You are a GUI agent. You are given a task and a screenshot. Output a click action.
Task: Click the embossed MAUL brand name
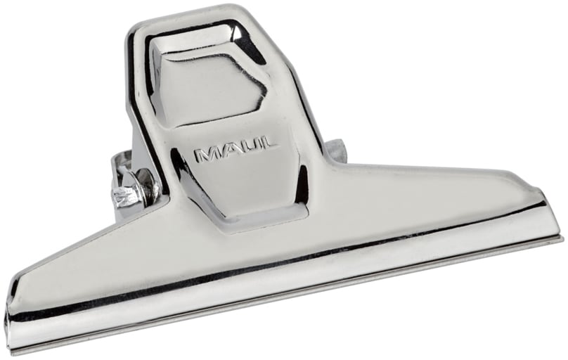(235, 150)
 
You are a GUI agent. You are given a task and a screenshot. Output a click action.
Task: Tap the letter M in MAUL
(206, 154)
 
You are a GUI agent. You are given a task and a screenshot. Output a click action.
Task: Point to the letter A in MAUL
(228, 150)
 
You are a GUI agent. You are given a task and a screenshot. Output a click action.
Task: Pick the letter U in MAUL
(250, 147)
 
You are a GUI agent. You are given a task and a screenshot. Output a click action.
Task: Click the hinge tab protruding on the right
(335, 149)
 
